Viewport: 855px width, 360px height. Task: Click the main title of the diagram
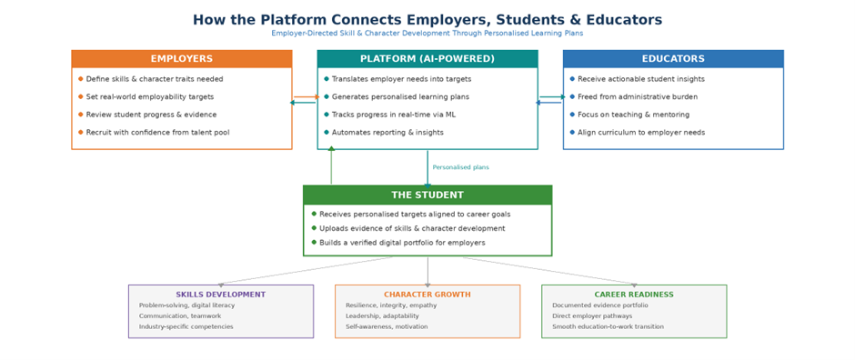tap(427, 20)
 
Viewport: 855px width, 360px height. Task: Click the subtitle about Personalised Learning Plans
tap(427, 34)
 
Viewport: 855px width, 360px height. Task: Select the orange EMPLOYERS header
tap(182, 59)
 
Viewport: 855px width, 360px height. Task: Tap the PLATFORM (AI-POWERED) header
tap(427, 59)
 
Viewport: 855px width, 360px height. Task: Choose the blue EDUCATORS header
tap(673, 59)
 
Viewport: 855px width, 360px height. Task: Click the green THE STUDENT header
tap(427, 195)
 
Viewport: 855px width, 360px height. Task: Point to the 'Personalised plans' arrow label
tap(460, 167)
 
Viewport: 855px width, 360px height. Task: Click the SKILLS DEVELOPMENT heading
tap(221, 295)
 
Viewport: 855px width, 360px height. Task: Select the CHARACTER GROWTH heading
tap(427, 295)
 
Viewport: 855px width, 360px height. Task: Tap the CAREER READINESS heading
tap(634, 295)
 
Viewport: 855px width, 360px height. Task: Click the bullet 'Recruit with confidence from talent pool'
tap(157, 133)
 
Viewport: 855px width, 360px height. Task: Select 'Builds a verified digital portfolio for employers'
tap(402, 243)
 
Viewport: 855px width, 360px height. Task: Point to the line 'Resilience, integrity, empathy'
tap(391, 305)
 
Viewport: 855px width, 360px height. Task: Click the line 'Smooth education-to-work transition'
tap(608, 327)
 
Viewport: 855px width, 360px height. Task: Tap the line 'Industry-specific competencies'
tap(186, 327)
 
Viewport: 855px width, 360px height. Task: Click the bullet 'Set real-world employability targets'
tap(150, 97)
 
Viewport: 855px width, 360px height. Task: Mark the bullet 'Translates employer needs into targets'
tap(401, 79)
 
